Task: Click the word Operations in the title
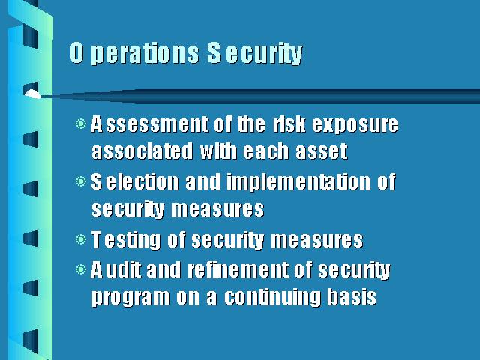pyautogui.click(x=134, y=53)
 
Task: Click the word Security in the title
pyautogui.click(x=255, y=53)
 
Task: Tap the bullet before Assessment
pyautogui.click(x=81, y=124)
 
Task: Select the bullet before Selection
pyautogui.click(x=81, y=181)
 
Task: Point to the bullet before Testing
pyautogui.click(x=81, y=239)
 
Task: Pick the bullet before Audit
pyautogui.click(x=81, y=269)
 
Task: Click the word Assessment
pyautogui.click(x=149, y=124)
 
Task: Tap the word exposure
pyautogui.click(x=355, y=125)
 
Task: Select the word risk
pyautogui.click(x=289, y=124)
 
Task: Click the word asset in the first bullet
pyautogui.click(x=322, y=151)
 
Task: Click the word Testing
pyautogui.click(x=125, y=240)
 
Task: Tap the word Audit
pyautogui.click(x=116, y=270)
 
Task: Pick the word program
pyautogui.click(x=130, y=298)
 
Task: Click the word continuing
pyautogui.click(x=272, y=298)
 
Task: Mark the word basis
pyautogui.click(x=352, y=296)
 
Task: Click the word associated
pyautogui.click(x=142, y=151)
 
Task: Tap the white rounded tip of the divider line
pyautogui.click(x=31, y=94)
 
